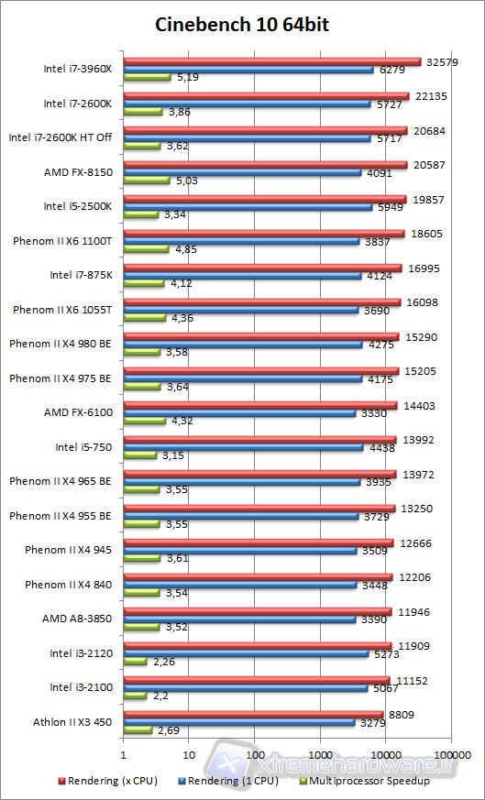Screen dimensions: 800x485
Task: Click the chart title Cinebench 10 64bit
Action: (x=242, y=25)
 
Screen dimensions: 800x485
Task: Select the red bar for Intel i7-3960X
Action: (x=271, y=62)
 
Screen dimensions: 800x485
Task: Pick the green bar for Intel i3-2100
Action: (x=135, y=696)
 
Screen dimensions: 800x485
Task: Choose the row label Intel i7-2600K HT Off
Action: (x=60, y=137)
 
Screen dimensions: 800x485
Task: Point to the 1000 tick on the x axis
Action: (x=320, y=755)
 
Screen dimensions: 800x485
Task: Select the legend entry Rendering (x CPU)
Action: (x=110, y=781)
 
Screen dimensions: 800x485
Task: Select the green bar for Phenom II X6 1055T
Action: (x=144, y=318)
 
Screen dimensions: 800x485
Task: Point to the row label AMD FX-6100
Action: (x=78, y=412)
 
